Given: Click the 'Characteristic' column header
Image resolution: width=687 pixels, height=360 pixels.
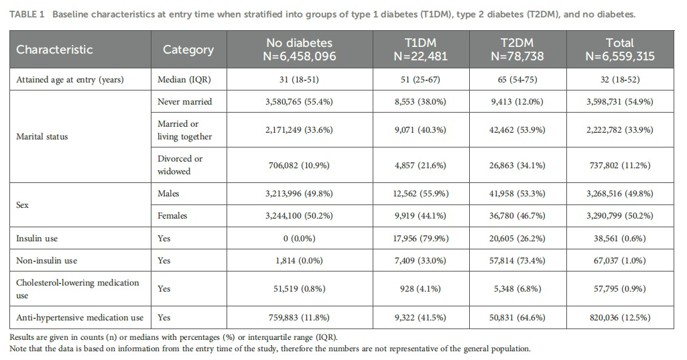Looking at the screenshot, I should (x=54, y=50).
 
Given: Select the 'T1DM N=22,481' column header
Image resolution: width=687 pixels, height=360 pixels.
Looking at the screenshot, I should (x=420, y=50).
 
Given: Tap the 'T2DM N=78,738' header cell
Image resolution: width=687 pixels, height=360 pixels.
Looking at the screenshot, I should (x=517, y=50).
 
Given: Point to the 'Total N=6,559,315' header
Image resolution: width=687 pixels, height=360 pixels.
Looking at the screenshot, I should (x=619, y=50).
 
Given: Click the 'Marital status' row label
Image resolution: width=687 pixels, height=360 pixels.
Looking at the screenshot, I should (x=42, y=137).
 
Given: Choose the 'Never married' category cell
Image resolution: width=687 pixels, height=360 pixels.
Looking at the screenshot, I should (x=184, y=102).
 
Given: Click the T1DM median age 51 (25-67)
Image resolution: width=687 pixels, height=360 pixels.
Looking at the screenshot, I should (x=420, y=80).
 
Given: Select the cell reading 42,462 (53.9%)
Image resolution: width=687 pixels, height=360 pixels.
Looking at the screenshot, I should (x=517, y=130).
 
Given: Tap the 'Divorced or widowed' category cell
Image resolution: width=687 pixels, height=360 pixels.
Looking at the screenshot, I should (x=180, y=165).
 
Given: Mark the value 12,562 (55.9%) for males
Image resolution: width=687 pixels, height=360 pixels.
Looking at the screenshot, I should (x=420, y=194).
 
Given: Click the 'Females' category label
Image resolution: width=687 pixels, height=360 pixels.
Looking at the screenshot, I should (x=172, y=216).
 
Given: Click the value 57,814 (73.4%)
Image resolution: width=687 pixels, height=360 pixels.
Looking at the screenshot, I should (x=517, y=261).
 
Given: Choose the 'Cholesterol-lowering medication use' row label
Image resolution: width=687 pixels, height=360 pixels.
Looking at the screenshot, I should (x=78, y=288).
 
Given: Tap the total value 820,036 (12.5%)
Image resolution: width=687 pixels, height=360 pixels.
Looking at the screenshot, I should (x=619, y=318).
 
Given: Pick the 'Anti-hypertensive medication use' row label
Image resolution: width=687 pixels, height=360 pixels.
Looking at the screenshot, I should (x=80, y=318).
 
